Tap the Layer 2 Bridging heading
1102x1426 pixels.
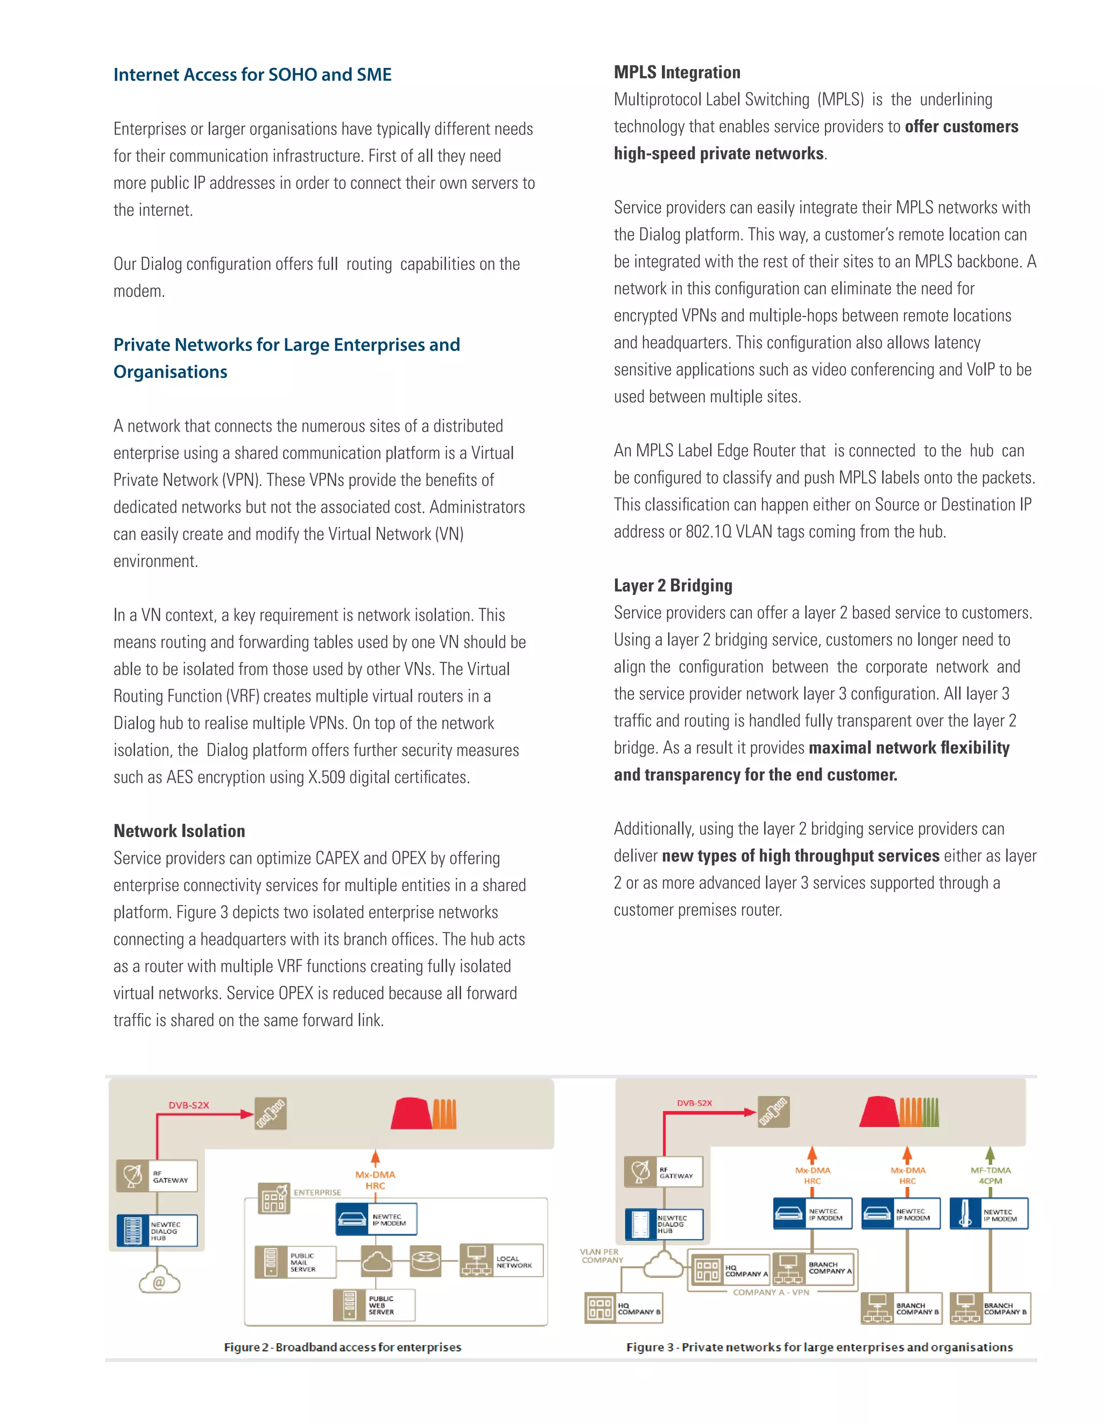pos(673,585)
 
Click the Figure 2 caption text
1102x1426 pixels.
pos(342,1346)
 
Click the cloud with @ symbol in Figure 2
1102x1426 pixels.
pos(159,1279)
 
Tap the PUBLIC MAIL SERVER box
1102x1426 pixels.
pos(295,1261)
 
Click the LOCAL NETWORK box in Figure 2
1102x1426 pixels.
pos(501,1261)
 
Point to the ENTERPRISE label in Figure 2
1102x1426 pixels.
pos(317,1192)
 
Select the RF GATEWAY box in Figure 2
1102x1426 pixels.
pos(157,1176)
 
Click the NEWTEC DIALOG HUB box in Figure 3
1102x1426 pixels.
pos(663,1224)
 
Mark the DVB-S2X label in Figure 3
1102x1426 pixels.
pos(694,1103)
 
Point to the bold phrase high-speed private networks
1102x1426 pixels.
pos(719,153)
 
